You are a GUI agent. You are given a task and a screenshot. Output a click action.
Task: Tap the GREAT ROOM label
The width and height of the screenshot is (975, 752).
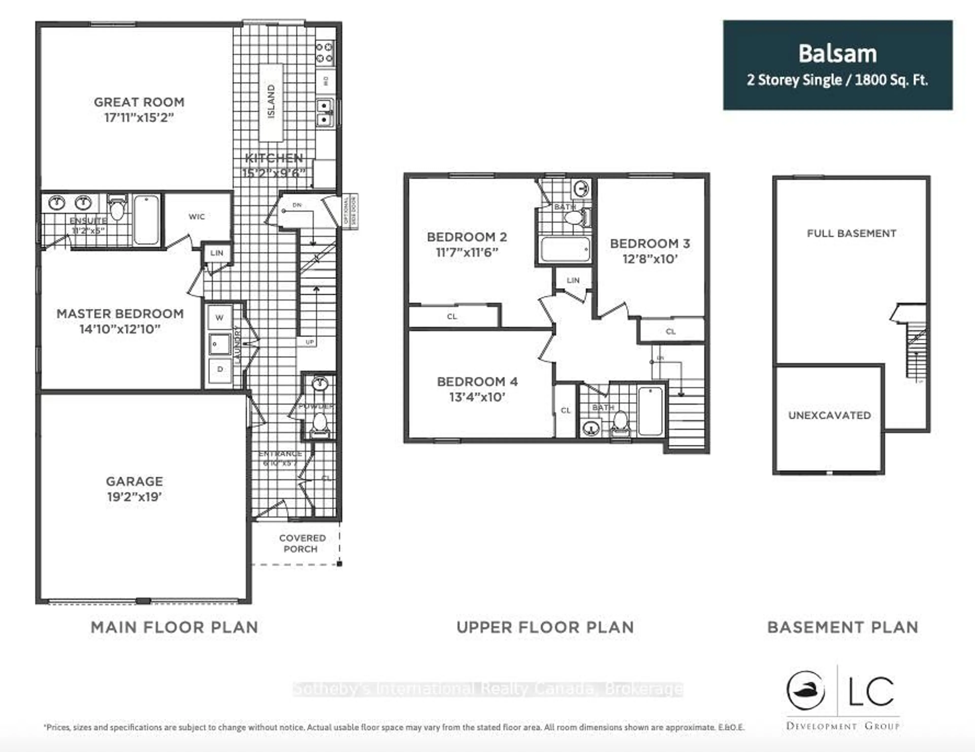[x=139, y=102]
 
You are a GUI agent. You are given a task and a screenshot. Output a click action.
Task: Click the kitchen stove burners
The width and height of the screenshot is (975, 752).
[x=324, y=52]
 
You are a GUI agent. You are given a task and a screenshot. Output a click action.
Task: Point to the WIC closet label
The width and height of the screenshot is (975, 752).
[x=197, y=217]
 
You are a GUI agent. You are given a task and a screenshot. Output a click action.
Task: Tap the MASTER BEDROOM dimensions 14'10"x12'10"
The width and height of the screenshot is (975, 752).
[x=120, y=329]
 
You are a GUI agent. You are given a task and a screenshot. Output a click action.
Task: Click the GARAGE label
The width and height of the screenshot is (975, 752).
[x=134, y=481]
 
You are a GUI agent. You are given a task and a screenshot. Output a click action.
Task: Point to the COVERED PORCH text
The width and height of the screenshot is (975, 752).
[x=302, y=543]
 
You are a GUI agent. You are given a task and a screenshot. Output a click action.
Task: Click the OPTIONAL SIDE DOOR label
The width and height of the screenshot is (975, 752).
[x=350, y=212]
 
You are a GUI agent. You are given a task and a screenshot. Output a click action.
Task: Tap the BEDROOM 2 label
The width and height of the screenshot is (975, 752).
[x=466, y=237]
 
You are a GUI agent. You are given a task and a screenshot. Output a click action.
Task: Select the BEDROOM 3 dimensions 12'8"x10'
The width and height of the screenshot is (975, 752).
[x=650, y=259]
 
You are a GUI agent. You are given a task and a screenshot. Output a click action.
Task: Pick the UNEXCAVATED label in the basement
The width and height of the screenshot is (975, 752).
[x=829, y=415]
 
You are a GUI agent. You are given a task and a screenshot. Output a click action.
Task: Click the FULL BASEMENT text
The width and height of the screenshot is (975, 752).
[x=851, y=233]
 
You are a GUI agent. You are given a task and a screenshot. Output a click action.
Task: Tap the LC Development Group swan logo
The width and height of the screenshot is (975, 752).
[x=805, y=691]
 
